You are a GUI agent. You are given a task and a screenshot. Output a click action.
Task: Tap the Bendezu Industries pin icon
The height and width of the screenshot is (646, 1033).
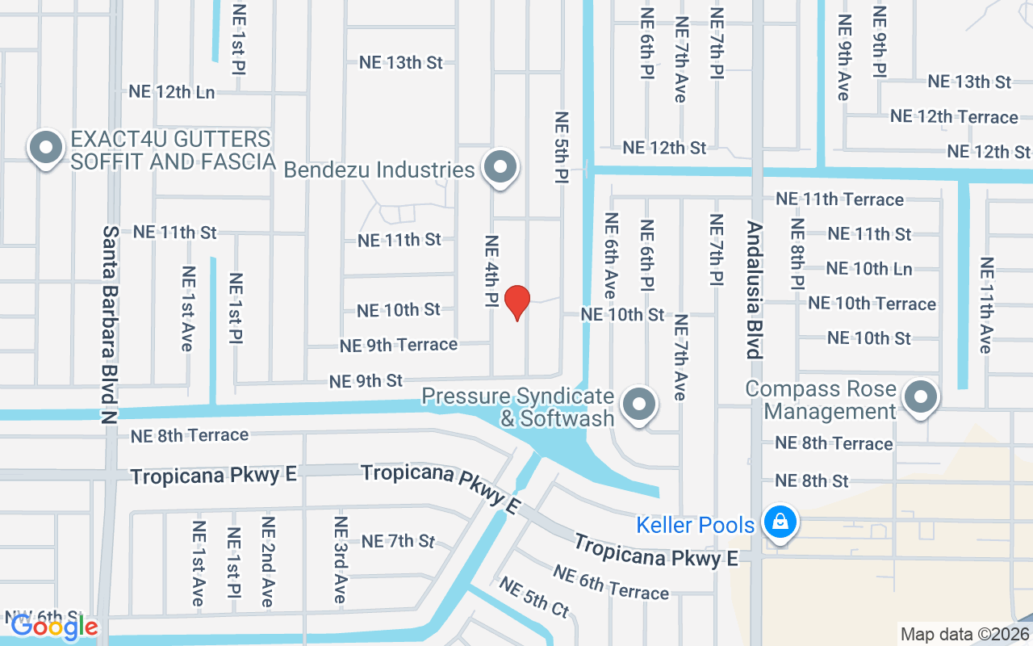point(500,167)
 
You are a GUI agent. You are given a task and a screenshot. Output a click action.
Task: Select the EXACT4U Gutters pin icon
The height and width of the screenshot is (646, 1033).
point(46,149)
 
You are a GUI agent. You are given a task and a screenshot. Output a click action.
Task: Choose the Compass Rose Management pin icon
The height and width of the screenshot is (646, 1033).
point(919,397)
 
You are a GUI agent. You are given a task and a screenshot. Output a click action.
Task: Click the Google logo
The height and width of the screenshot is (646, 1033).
point(54,626)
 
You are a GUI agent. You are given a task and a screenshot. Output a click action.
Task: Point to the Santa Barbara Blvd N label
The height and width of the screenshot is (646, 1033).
point(110,324)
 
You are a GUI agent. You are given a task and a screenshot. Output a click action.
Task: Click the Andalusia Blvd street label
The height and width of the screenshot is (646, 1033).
point(754,290)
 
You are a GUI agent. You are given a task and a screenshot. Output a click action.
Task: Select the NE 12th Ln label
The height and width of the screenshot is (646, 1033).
point(172,92)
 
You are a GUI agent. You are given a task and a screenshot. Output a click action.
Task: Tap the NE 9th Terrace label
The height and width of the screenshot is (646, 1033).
point(399,345)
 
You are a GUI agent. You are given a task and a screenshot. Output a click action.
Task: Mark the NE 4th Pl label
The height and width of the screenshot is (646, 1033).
point(491,271)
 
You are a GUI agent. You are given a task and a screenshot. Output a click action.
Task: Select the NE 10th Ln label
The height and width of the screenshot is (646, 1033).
point(869,269)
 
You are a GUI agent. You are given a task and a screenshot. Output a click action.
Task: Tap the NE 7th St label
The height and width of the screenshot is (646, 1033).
point(398,541)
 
